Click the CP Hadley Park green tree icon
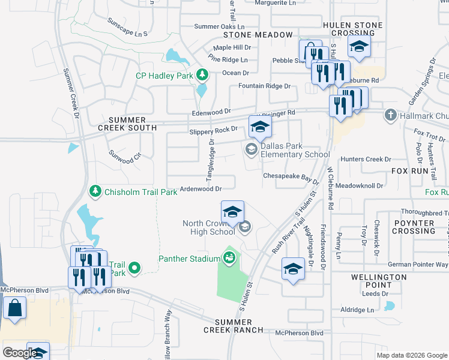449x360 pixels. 203,75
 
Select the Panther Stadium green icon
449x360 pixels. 229,259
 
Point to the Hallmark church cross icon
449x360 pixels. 391,115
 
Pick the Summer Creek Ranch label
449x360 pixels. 233,326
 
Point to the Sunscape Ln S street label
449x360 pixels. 127,31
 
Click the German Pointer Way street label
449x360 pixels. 418,265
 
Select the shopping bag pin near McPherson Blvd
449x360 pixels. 14,308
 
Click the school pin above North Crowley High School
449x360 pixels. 233,212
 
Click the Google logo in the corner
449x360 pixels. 19,353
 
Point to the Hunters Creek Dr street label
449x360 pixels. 366,160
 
